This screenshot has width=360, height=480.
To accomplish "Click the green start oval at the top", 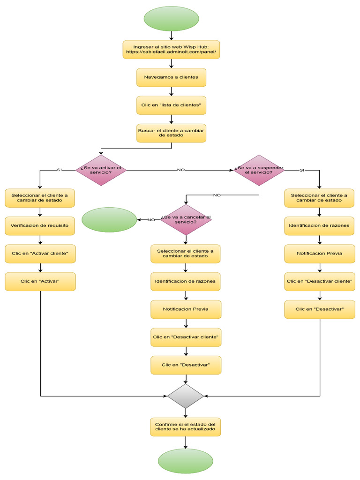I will [171, 18].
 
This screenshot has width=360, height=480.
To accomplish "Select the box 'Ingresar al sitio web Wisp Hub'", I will [171, 49].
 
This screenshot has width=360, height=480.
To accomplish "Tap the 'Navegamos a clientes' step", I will [171, 77].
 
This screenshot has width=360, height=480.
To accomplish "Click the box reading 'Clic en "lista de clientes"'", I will [171, 105].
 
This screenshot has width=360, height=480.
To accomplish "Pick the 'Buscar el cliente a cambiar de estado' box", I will [171, 133].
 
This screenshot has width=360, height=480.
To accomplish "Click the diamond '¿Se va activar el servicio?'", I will [101, 170].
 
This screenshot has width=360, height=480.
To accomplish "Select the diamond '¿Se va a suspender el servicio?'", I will [259, 170].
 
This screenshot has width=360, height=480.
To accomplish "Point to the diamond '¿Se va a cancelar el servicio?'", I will [186, 219].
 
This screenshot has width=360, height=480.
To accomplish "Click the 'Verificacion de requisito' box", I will [40, 225].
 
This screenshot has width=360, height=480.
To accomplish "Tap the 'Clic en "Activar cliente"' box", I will [40, 254].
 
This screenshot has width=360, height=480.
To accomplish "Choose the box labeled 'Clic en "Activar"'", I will [40, 281].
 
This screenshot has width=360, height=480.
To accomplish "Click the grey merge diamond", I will [186, 396].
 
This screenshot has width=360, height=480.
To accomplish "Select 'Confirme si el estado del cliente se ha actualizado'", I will [186, 427].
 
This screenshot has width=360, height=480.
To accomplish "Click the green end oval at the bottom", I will [186, 461].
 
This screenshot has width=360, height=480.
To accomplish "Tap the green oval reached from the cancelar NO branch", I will [109, 220].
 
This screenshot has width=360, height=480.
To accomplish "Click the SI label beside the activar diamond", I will [59, 170].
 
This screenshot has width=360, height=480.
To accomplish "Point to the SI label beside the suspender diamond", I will [301, 170].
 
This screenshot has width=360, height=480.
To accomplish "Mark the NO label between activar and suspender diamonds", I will [180, 170].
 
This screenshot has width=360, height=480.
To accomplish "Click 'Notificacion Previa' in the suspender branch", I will [319, 254].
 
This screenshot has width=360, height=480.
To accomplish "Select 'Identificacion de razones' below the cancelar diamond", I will [186, 282].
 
